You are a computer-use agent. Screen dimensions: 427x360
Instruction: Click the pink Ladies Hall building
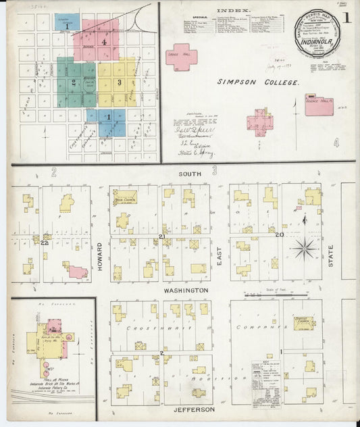point(181,55)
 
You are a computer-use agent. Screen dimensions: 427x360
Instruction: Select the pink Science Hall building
point(318,104)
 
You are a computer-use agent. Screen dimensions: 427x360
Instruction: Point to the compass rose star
point(304,248)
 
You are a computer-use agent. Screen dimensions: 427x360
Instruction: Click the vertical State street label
point(331,255)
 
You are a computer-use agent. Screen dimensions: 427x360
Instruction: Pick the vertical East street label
point(219,255)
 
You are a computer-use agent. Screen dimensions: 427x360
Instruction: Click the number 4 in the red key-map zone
point(104,42)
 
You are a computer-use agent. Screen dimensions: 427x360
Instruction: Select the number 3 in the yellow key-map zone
point(119,82)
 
